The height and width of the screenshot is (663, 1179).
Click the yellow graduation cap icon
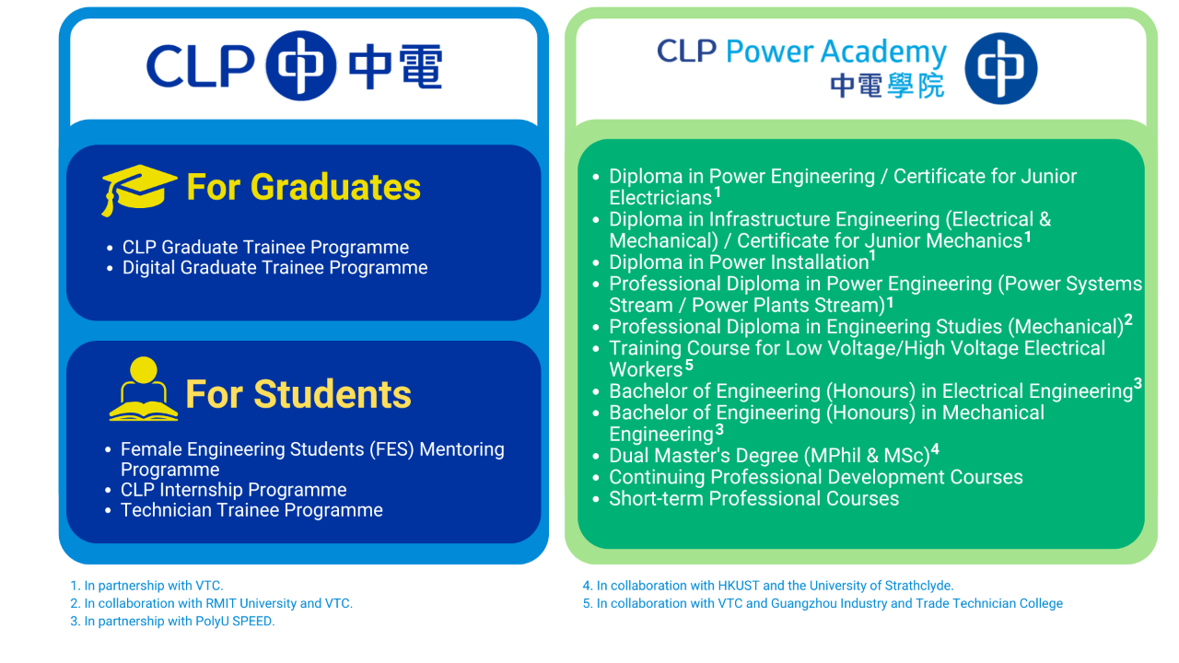tap(138, 190)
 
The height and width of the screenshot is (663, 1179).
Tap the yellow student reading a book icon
tap(143, 390)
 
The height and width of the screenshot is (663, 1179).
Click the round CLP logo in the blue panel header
tap(301, 65)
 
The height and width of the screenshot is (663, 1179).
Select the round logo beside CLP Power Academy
tap(1000, 68)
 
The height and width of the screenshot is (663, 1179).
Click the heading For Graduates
tap(304, 187)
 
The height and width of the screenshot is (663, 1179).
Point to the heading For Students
tap(298, 394)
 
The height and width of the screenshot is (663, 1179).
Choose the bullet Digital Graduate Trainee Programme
tap(274, 268)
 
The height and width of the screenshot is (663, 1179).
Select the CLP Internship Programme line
tap(233, 490)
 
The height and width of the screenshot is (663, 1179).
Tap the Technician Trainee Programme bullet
tap(251, 510)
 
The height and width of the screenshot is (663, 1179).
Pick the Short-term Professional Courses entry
tap(753, 498)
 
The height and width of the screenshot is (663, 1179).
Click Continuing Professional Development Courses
tap(816, 477)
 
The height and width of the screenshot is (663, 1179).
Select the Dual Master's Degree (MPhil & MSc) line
tap(774, 455)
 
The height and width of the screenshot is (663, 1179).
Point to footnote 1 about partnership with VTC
tap(146, 586)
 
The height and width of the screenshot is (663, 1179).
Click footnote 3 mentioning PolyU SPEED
tap(172, 622)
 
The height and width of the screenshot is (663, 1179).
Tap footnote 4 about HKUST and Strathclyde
tap(768, 586)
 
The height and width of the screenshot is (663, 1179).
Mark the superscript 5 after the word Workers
tap(689, 364)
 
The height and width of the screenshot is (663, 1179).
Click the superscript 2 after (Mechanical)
tap(1128, 320)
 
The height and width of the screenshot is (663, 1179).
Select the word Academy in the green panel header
tap(883, 52)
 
